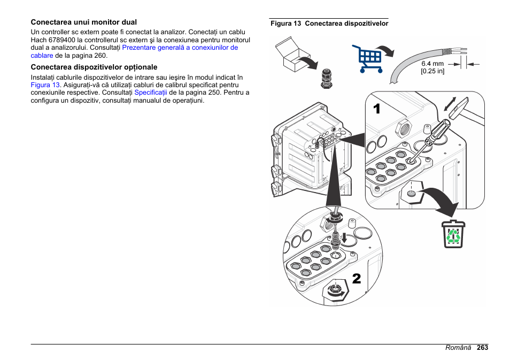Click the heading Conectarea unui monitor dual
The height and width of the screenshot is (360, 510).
pos(83,22)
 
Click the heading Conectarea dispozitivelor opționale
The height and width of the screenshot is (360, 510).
pos(94,67)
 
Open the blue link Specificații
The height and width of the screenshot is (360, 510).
pos(151,93)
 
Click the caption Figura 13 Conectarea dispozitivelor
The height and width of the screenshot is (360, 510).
pos(329,24)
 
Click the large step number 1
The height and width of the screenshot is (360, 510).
pos(377,109)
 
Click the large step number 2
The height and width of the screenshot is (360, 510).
pos(356,278)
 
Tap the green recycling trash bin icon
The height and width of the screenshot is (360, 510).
pos(453,235)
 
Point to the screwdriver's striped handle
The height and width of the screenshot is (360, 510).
pos(439,128)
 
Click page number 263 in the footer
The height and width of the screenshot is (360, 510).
pos(483,348)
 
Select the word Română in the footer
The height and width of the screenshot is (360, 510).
pos(459,348)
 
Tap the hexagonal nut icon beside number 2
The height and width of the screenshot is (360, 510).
pos(335,290)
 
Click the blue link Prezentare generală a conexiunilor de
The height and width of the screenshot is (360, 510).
pos(180,48)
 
